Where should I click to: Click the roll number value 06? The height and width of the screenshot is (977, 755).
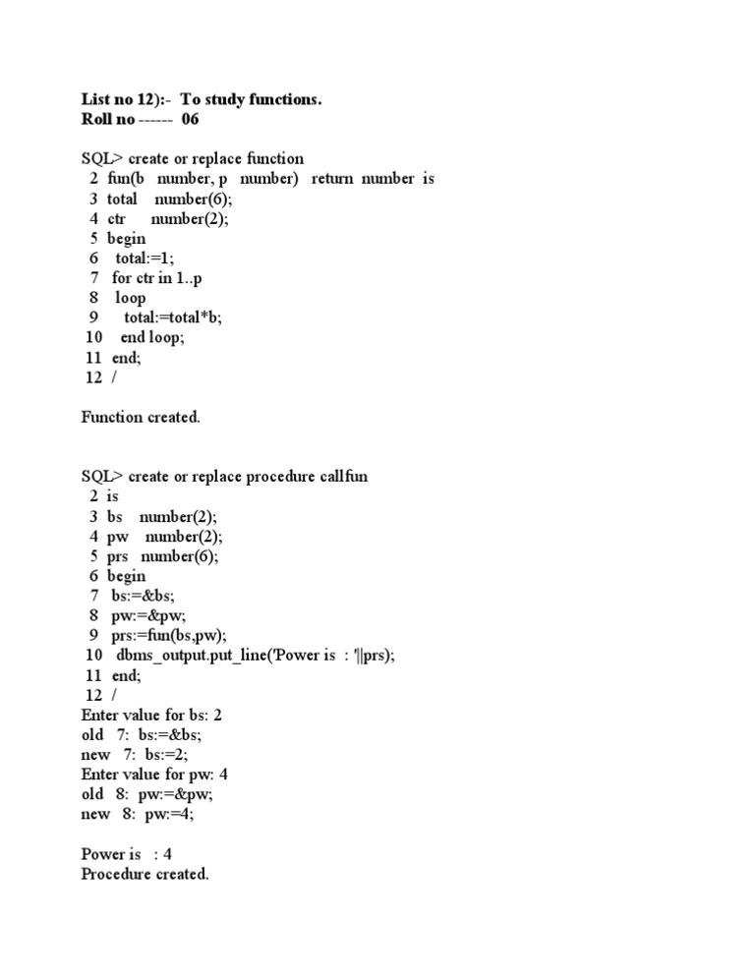(x=190, y=119)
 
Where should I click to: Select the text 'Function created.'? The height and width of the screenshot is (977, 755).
(x=141, y=417)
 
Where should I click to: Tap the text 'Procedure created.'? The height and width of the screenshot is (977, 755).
(x=145, y=874)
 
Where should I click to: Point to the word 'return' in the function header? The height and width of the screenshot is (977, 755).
(x=332, y=179)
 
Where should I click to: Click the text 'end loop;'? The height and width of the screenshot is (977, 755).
(x=152, y=337)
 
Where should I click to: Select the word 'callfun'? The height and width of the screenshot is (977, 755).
(x=344, y=477)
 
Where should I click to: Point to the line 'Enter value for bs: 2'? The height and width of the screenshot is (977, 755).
(x=158, y=715)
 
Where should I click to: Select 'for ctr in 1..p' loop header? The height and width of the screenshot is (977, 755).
(x=157, y=278)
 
